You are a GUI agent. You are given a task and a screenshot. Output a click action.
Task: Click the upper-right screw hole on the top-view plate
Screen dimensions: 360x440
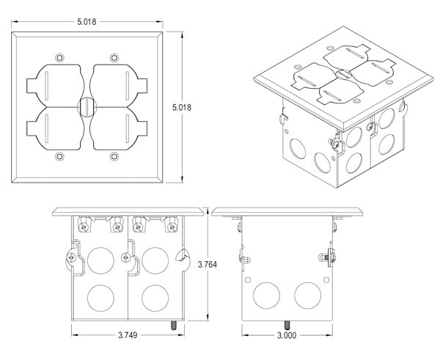113,58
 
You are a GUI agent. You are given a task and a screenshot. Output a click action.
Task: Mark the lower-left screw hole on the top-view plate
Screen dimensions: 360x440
57,156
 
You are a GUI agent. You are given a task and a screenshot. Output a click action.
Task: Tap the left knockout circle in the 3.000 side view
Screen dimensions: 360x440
263,296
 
